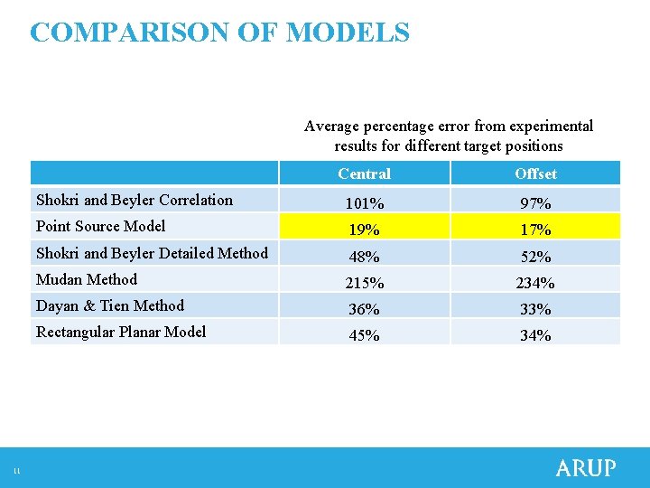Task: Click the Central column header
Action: click(x=364, y=174)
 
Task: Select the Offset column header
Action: click(x=535, y=174)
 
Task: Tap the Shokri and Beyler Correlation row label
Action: click(x=134, y=200)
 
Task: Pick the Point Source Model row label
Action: click(x=100, y=226)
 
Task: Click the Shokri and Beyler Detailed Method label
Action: click(x=152, y=253)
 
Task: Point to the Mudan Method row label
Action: click(x=86, y=279)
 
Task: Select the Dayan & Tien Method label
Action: click(x=109, y=305)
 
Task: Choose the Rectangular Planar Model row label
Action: click(x=120, y=332)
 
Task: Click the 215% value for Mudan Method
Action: click(x=364, y=283)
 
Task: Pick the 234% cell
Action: click(x=535, y=283)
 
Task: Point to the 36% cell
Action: click(x=364, y=309)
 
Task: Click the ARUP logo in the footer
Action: click(x=585, y=468)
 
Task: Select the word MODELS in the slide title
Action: click(x=348, y=33)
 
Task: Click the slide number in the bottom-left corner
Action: click(x=16, y=471)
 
